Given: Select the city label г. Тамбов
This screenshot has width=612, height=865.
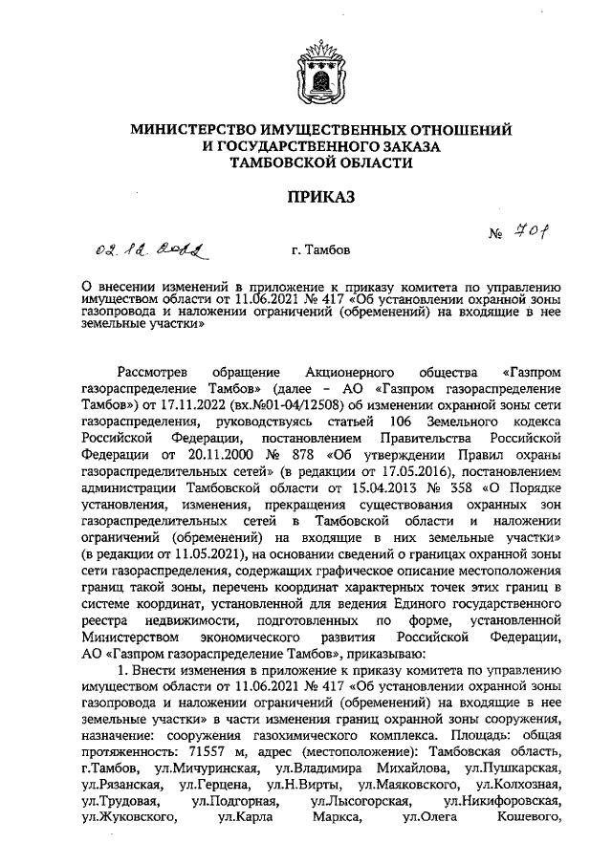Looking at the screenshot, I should (x=321, y=250).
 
